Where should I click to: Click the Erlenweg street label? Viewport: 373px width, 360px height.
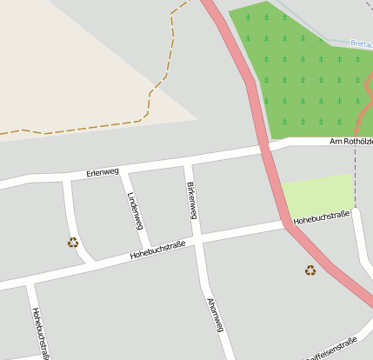click(103, 172)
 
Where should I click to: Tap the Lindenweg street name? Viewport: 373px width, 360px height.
click(134, 210)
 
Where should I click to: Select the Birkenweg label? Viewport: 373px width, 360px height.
click(192, 201)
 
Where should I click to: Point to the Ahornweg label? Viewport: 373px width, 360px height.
click(216, 315)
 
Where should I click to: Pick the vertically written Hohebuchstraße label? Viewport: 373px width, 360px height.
click(39, 331)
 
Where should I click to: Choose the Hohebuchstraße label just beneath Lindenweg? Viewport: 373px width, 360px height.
click(159, 251)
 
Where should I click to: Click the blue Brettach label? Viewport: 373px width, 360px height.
click(361, 43)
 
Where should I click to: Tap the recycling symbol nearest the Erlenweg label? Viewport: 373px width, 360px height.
click(73, 243)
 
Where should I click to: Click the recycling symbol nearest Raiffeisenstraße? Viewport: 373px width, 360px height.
click(310, 270)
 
